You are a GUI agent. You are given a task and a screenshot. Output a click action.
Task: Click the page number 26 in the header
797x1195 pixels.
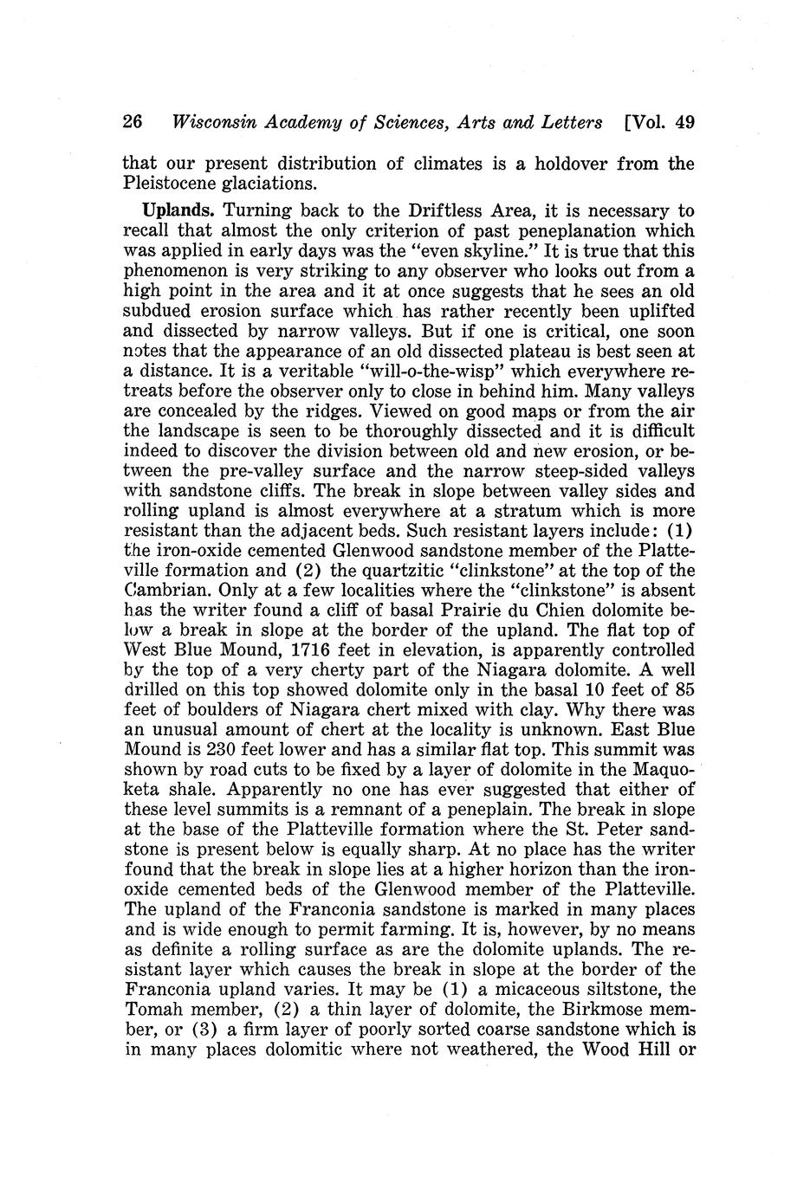pos(133,122)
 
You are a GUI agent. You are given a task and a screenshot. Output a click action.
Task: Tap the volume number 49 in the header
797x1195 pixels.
pos(684,122)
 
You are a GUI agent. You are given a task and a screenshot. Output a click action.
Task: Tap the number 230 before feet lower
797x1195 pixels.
pos(202,749)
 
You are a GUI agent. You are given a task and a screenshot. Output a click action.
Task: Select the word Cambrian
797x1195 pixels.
pos(164,590)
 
